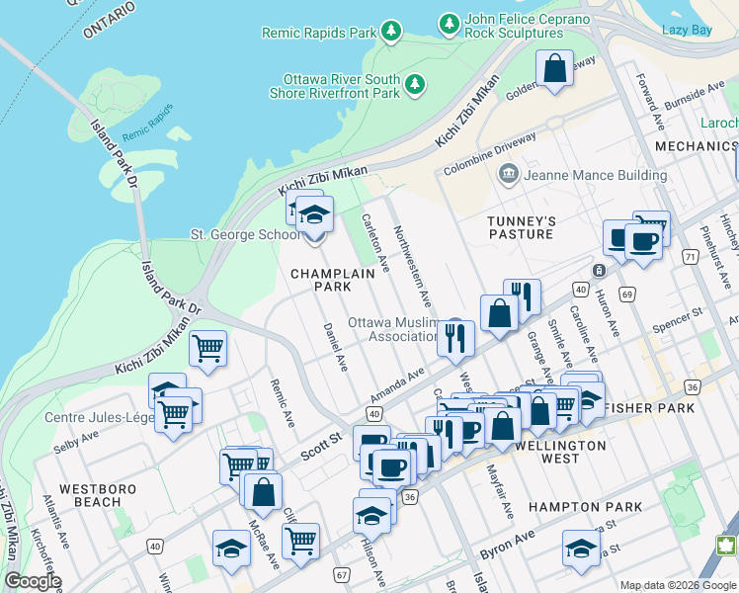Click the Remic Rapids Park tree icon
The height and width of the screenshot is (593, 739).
(391, 33)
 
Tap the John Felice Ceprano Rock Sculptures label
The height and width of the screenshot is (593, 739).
(514, 26)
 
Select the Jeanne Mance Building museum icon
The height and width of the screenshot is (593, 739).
(509, 175)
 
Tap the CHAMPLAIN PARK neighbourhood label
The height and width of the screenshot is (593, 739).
(320, 280)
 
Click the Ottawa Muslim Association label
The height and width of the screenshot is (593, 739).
(392, 330)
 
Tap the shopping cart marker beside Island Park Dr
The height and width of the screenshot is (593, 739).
(208, 348)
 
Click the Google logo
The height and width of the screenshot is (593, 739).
(32, 581)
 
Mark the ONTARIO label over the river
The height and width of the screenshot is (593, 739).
(109, 21)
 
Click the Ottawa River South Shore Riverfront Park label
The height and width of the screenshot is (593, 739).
(341, 86)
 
